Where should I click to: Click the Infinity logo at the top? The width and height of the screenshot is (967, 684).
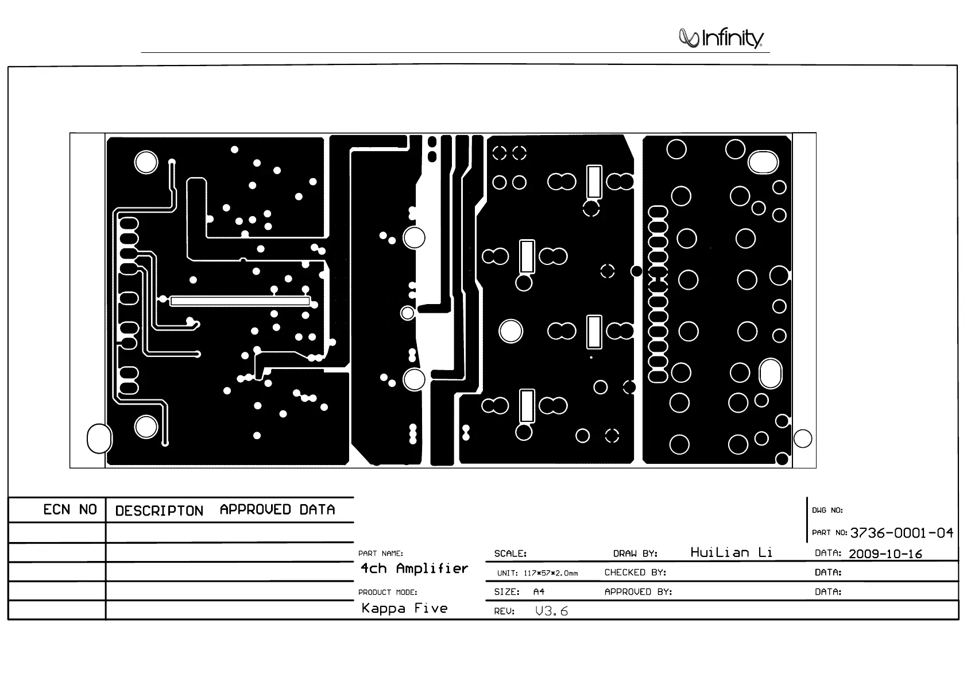(x=721, y=38)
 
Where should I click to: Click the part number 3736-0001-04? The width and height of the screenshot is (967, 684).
(x=901, y=533)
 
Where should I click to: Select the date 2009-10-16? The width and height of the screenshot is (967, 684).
(x=885, y=554)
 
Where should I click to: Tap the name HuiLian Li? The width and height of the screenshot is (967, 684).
(x=731, y=552)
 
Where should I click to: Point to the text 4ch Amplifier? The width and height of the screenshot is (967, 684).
(x=414, y=568)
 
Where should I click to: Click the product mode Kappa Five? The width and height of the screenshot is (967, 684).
(x=404, y=608)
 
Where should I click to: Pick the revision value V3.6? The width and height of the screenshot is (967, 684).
(x=551, y=611)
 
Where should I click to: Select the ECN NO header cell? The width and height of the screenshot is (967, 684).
(x=70, y=510)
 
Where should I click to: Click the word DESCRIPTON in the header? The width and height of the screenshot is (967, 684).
(x=159, y=511)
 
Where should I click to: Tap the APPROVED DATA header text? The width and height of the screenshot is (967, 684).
(x=277, y=510)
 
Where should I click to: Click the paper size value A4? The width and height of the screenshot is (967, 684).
(x=539, y=591)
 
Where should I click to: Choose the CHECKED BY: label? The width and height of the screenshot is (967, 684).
(x=635, y=572)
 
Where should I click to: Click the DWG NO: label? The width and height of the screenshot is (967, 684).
(x=827, y=510)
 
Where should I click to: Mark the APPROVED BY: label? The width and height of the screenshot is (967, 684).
(x=638, y=591)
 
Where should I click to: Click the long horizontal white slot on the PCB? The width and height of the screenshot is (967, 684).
(x=240, y=301)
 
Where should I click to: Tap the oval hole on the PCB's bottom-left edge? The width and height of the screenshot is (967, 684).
(x=99, y=439)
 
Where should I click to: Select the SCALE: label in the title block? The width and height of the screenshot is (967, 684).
(x=510, y=554)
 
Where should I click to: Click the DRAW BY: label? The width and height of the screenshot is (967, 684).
(x=635, y=554)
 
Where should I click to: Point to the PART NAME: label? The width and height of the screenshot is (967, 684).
(x=381, y=554)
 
